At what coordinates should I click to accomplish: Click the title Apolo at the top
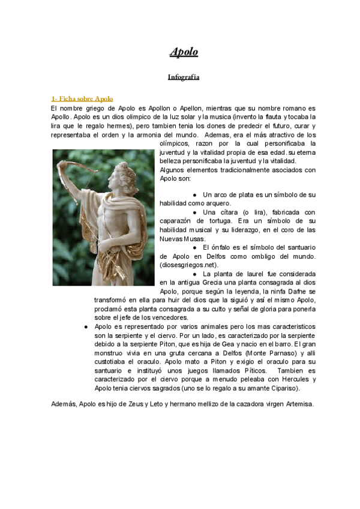(184, 52)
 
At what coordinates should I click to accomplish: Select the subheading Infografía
(184, 77)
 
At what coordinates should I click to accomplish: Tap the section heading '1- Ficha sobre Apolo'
(82, 98)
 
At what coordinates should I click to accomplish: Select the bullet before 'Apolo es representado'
(88, 326)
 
